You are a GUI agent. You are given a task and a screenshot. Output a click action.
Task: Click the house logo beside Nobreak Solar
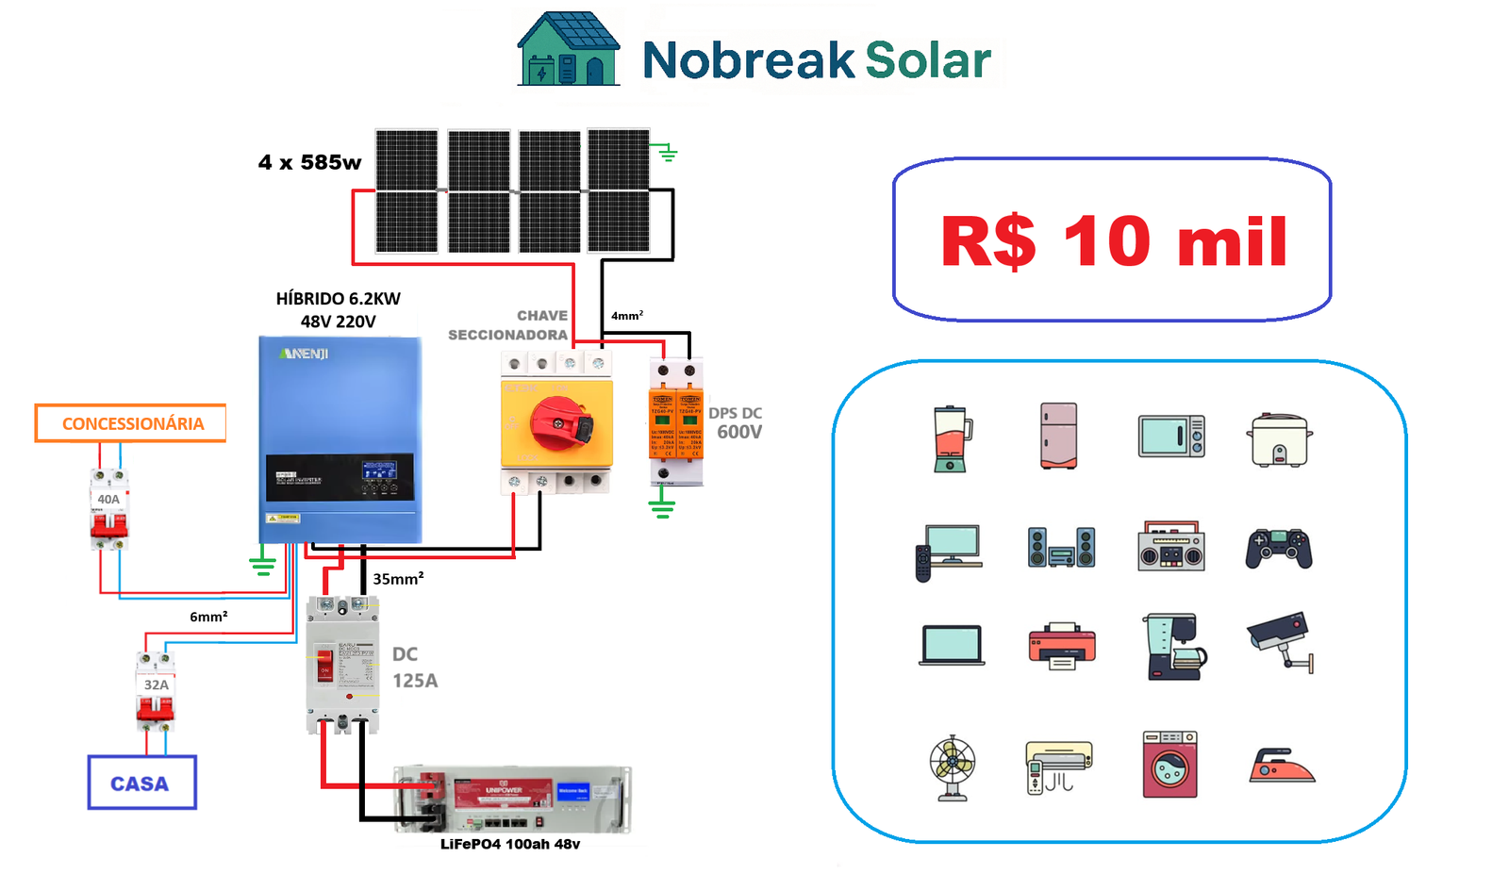pos(569,50)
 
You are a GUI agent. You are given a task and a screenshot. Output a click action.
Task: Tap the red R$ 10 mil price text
pos(1113,241)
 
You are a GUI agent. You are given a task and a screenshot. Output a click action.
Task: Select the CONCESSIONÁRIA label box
pos(131,423)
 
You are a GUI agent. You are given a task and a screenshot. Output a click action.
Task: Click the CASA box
pos(141,783)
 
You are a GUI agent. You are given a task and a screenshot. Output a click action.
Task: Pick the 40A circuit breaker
pos(109,509)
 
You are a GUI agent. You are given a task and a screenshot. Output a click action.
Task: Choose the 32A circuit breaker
pos(156,693)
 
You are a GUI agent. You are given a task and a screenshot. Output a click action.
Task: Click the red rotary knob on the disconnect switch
pos(561,423)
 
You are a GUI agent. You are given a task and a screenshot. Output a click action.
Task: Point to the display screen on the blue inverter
pos(379,470)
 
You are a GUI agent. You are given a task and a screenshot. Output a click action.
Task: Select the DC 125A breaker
pos(342,665)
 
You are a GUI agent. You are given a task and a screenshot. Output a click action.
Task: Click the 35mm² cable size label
pos(398,579)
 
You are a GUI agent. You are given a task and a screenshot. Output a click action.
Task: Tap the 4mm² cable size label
pos(627,316)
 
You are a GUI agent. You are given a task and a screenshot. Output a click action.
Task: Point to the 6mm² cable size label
pos(208,617)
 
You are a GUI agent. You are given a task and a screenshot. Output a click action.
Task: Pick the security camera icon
pos(1281,641)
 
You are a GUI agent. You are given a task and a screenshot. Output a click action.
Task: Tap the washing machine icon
pos(1169,765)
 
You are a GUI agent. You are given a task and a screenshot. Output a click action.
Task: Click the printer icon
pos(1062,646)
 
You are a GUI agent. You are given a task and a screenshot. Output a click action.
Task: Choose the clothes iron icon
pos(1281,766)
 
